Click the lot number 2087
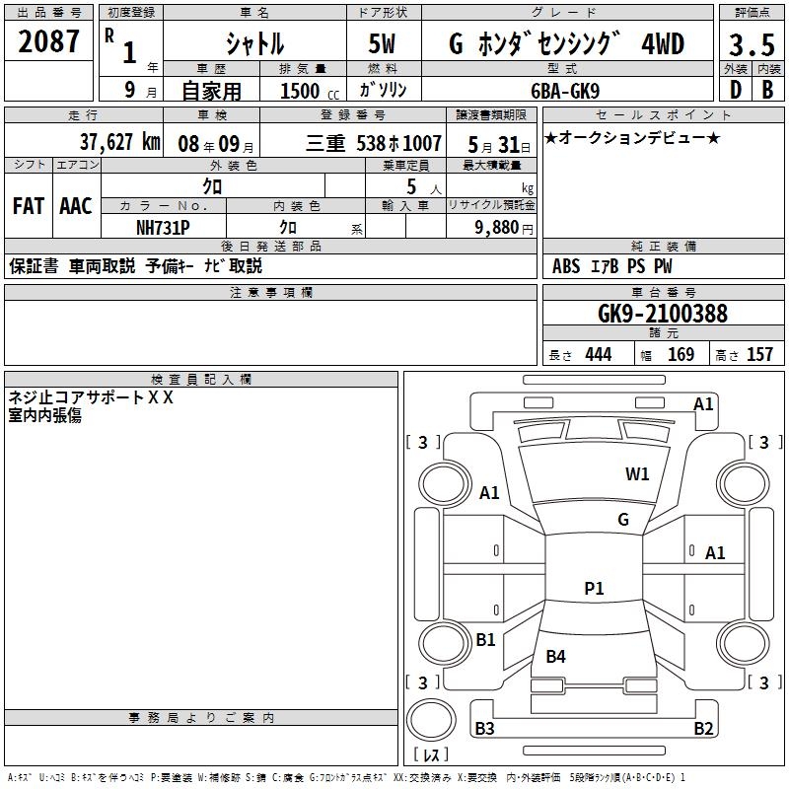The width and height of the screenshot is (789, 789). [49, 41]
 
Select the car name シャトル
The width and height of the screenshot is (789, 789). [254, 43]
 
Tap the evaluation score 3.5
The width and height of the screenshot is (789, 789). [751, 44]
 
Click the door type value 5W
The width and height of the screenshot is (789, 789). [385, 43]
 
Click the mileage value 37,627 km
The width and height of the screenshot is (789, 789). [120, 142]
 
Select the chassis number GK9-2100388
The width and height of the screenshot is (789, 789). [663, 314]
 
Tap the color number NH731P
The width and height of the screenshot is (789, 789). [164, 226]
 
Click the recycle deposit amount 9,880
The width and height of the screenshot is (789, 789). [502, 227]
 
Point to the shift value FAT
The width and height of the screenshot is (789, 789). [29, 206]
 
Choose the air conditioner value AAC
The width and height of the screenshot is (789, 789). [75, 206]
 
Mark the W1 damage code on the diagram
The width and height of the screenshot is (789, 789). [637, 474]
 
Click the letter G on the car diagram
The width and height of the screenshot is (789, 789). [622, 520]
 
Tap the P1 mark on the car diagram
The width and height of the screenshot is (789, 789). [594, 589]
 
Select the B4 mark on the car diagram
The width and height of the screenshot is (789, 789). [556, 656]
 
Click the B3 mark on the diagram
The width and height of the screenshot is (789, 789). [484, 729]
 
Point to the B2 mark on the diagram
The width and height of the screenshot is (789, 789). [703, 729]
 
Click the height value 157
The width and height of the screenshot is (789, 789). [760, 355]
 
